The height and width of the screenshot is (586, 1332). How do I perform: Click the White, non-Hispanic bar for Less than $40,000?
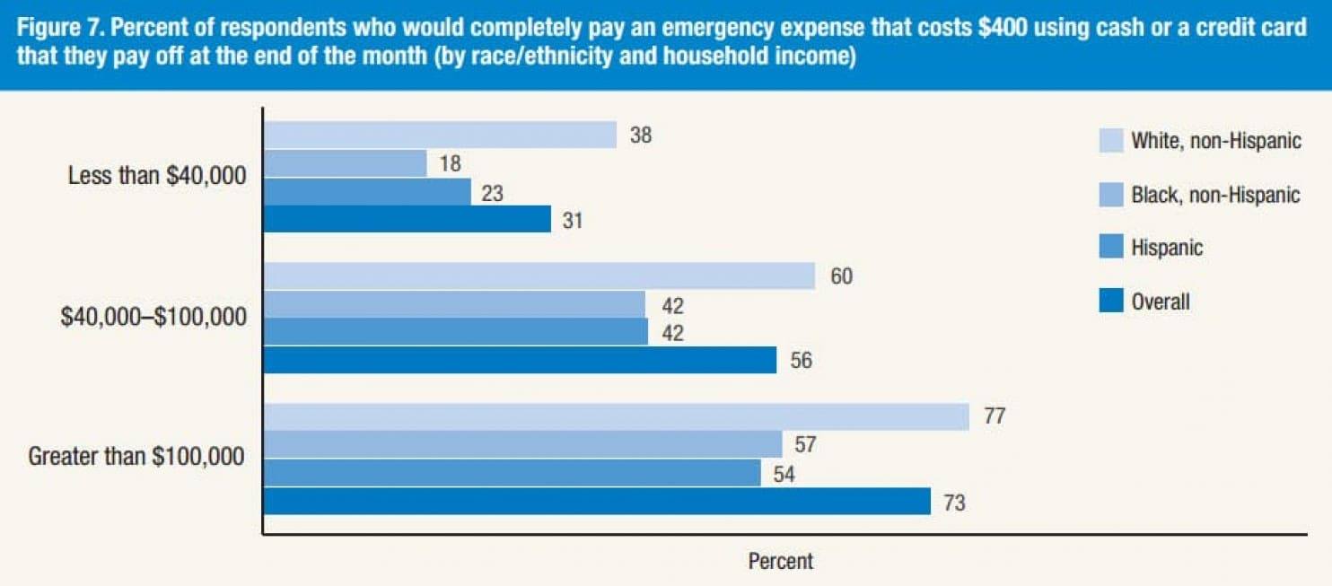(440, 135)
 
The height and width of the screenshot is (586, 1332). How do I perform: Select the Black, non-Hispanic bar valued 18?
(345, 163)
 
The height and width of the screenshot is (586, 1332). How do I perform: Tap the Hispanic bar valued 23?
(367, 191)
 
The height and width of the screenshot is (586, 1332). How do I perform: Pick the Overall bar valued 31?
(407, 219)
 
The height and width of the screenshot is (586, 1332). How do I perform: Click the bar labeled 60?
(539, 276)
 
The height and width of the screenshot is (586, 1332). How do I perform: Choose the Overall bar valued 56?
(520, 360)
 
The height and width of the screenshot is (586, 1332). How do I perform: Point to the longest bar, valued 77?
(616, 416)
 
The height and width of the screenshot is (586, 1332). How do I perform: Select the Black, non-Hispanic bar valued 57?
(522, 444)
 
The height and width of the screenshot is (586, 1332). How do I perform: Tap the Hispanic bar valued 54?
(512, 472)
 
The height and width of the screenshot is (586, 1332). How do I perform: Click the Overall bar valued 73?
(597, 501)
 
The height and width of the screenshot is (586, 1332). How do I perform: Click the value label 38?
(640, 136)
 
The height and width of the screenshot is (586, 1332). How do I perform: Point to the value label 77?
(994, 417)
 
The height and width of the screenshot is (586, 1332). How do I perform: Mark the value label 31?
(573, 220)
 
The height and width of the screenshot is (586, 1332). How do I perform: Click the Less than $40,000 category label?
(157, 177)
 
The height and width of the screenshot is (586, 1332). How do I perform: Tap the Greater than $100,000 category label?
(136, 457)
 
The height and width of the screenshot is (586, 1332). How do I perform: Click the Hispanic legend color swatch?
(1111, 247)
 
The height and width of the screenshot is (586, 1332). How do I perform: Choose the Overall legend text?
(1161, 302)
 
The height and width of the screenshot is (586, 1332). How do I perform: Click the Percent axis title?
(780, 562)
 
